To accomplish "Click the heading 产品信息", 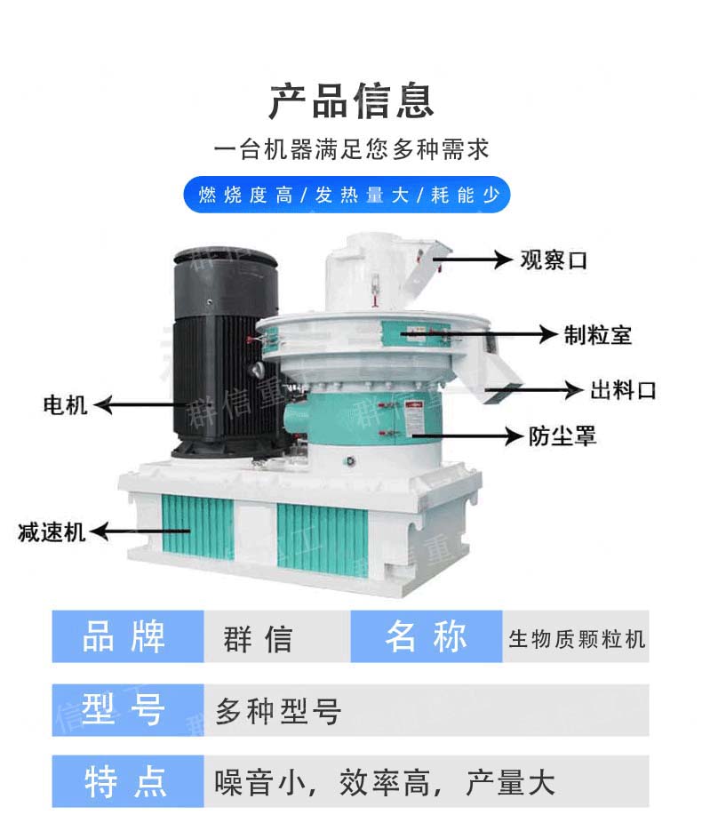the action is point(351,100).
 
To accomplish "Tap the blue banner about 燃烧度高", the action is point(347,195).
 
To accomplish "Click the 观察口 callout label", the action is point(554,260).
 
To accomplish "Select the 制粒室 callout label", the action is point(598,335).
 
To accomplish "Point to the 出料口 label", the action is point(623,390).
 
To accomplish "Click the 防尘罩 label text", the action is point(562,436).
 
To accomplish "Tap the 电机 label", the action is point(65,405).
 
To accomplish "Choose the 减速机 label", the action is point(52,531).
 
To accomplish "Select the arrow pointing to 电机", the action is point(140,405).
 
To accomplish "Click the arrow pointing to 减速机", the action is point(140,531).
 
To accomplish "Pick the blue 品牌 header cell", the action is point(128,636).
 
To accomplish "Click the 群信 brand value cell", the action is point(277,636).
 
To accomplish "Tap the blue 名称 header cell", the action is point(427,636).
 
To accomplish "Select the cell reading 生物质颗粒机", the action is point(576,636).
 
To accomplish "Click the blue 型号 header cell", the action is point(128,710).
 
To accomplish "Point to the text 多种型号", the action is point(278,711).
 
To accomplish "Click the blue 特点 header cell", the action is point(128,781).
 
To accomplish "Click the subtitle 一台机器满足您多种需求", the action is point(352,148).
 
